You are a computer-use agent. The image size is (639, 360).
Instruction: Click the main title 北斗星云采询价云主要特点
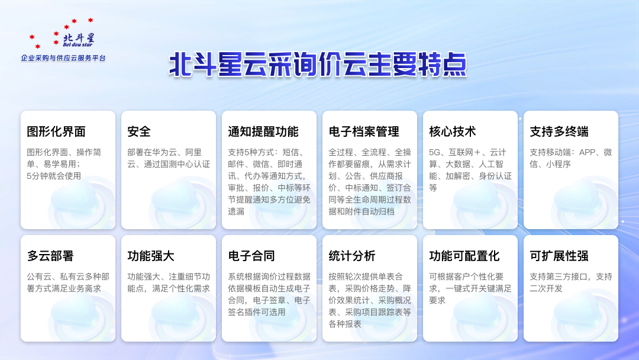click(x=318, y=65)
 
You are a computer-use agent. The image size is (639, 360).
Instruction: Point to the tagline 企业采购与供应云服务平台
click(x=63, y=58)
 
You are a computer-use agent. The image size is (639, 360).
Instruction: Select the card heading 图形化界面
click(x=56, y=131)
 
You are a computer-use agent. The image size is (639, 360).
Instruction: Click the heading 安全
click(x=139, y=131)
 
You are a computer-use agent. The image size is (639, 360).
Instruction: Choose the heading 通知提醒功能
click(x=263, y=131)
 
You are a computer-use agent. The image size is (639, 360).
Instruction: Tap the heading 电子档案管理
click(x=364, y=131)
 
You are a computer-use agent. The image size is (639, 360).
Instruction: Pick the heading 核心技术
click(x=453, y=131)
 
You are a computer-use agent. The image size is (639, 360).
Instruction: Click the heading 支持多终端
click(x=559, y=131)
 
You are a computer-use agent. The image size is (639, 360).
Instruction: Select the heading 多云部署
click(x=50, y=256)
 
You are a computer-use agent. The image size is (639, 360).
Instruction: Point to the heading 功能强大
click(x=151, y=256)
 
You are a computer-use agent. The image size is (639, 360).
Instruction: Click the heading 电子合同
click(x=251, y=256)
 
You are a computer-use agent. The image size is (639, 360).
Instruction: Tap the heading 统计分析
click(x=352, y=256)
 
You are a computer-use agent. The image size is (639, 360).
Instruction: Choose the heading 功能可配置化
click(x=464, y=256)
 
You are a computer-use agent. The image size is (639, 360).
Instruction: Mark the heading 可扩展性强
click(x=559, y=256)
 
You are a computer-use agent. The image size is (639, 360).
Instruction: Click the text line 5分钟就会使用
click(x=54, y=176)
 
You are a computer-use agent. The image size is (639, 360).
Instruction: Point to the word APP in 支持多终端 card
click(x=588, y=152)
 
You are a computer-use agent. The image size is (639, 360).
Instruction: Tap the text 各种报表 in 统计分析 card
click(x=345, y=324)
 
